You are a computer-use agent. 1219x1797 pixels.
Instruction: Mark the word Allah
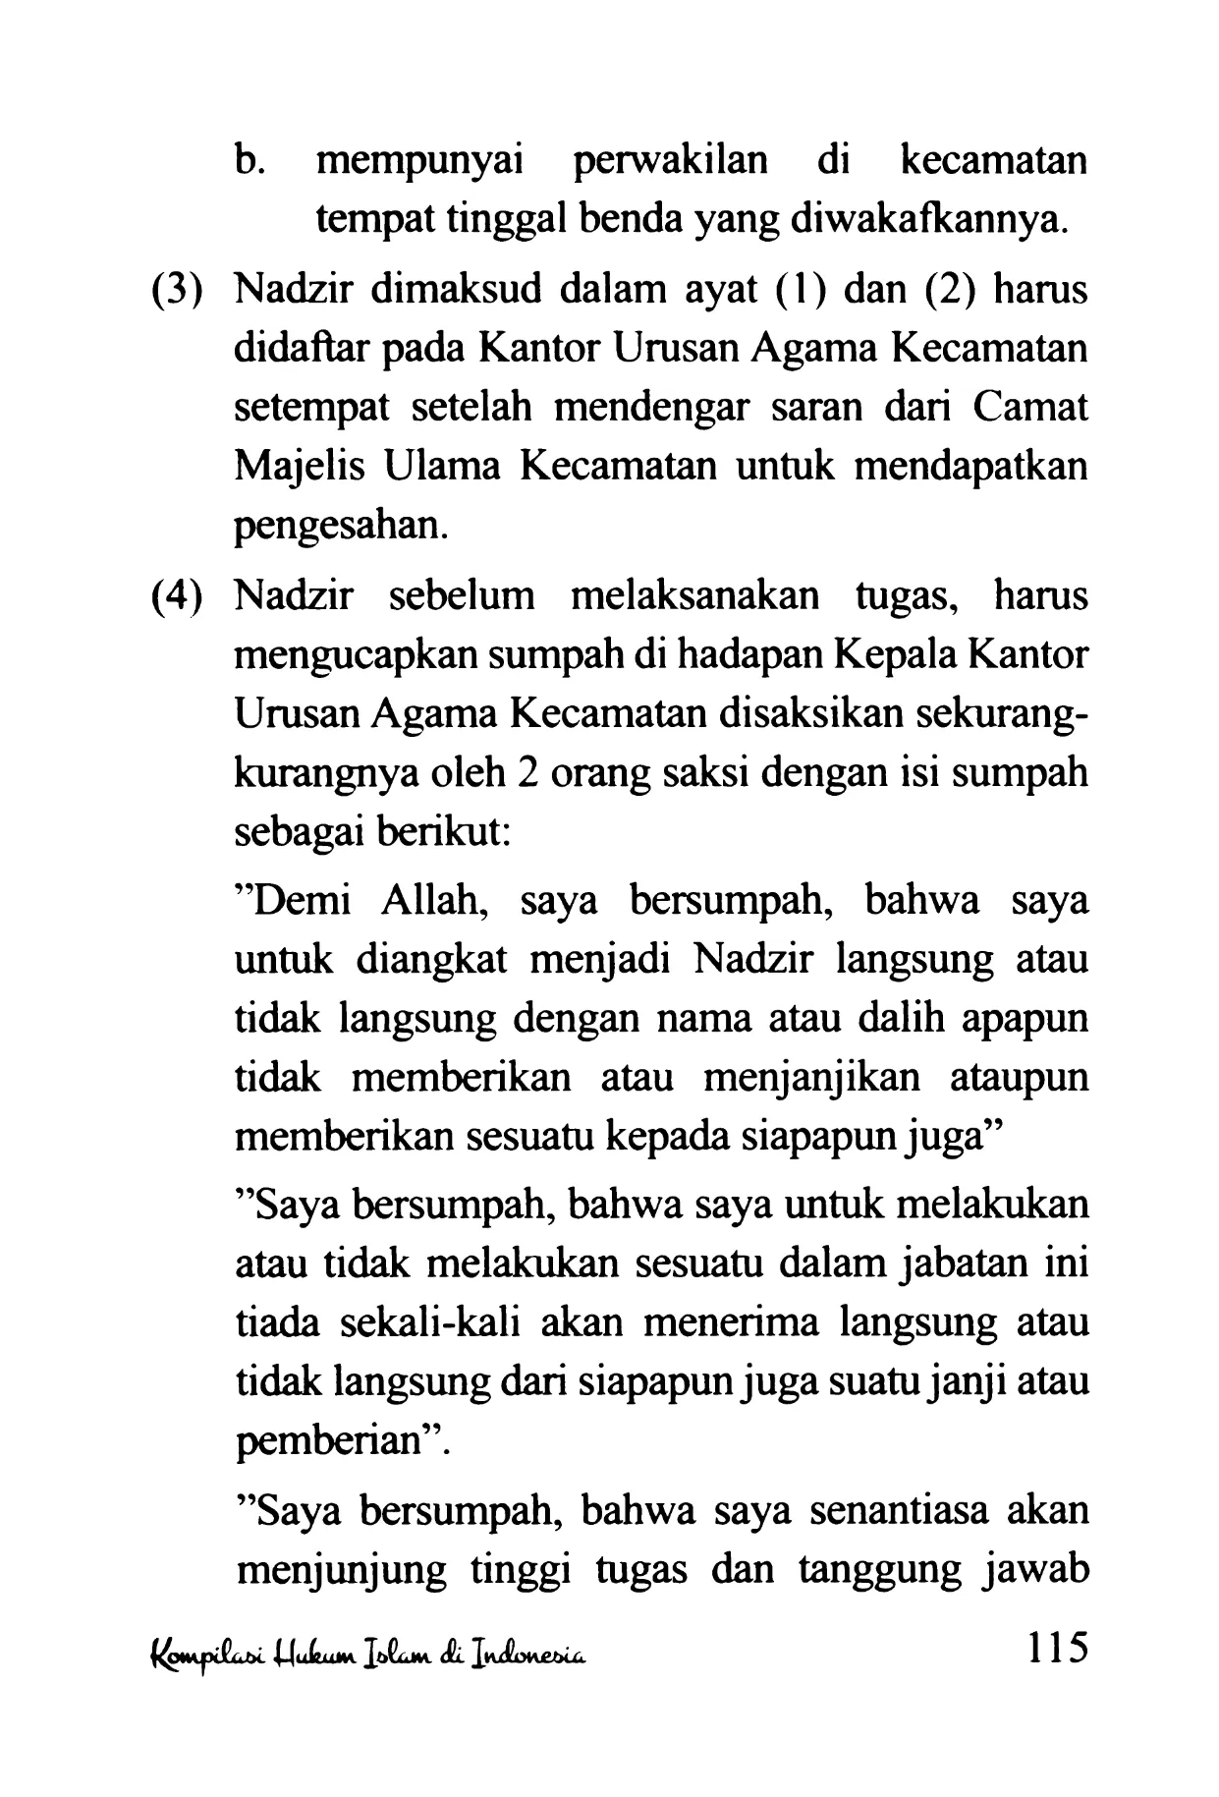435,902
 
